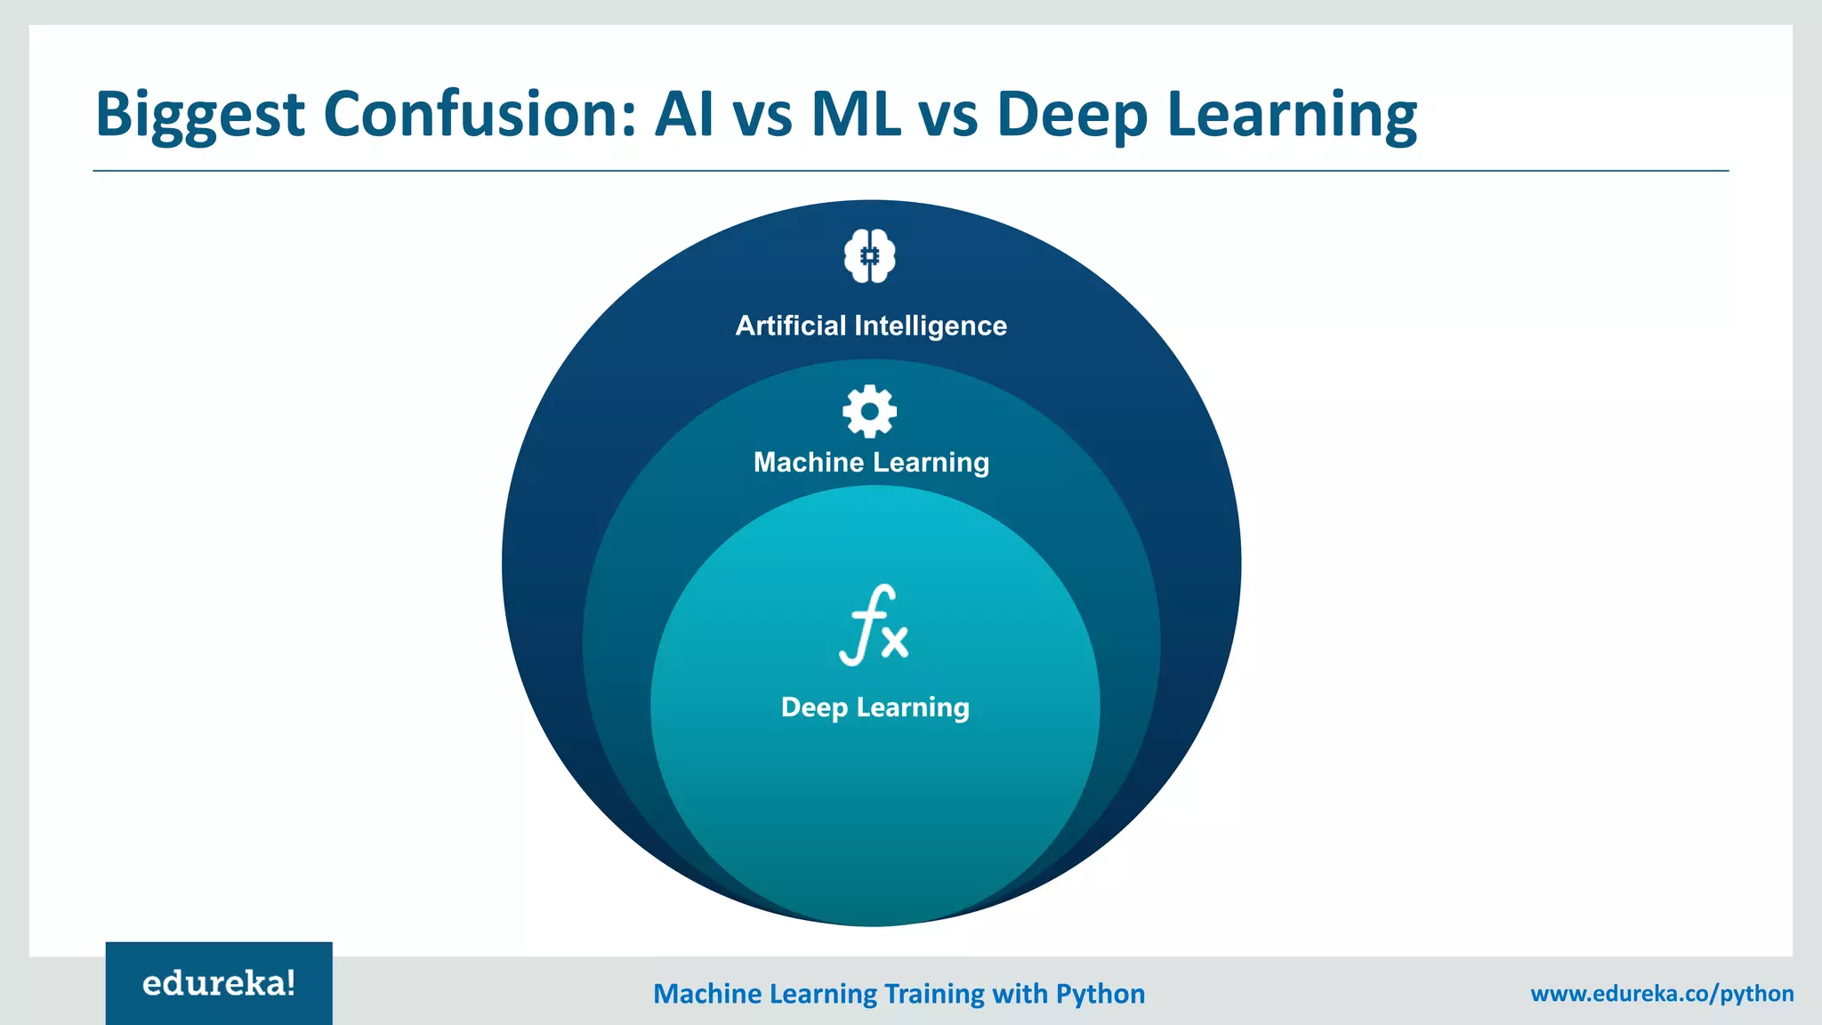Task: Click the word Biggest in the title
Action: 200,115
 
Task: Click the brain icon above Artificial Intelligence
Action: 870,256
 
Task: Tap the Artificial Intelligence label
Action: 871,326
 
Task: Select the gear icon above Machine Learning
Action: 870,411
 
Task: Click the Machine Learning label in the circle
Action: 871,463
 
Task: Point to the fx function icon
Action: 874,625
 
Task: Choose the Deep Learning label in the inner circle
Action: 875,707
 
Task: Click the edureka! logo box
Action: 219,983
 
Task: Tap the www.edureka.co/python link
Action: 1662,993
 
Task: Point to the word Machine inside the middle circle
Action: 809,463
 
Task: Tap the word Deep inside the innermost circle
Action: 814,707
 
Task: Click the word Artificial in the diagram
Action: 791,326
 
